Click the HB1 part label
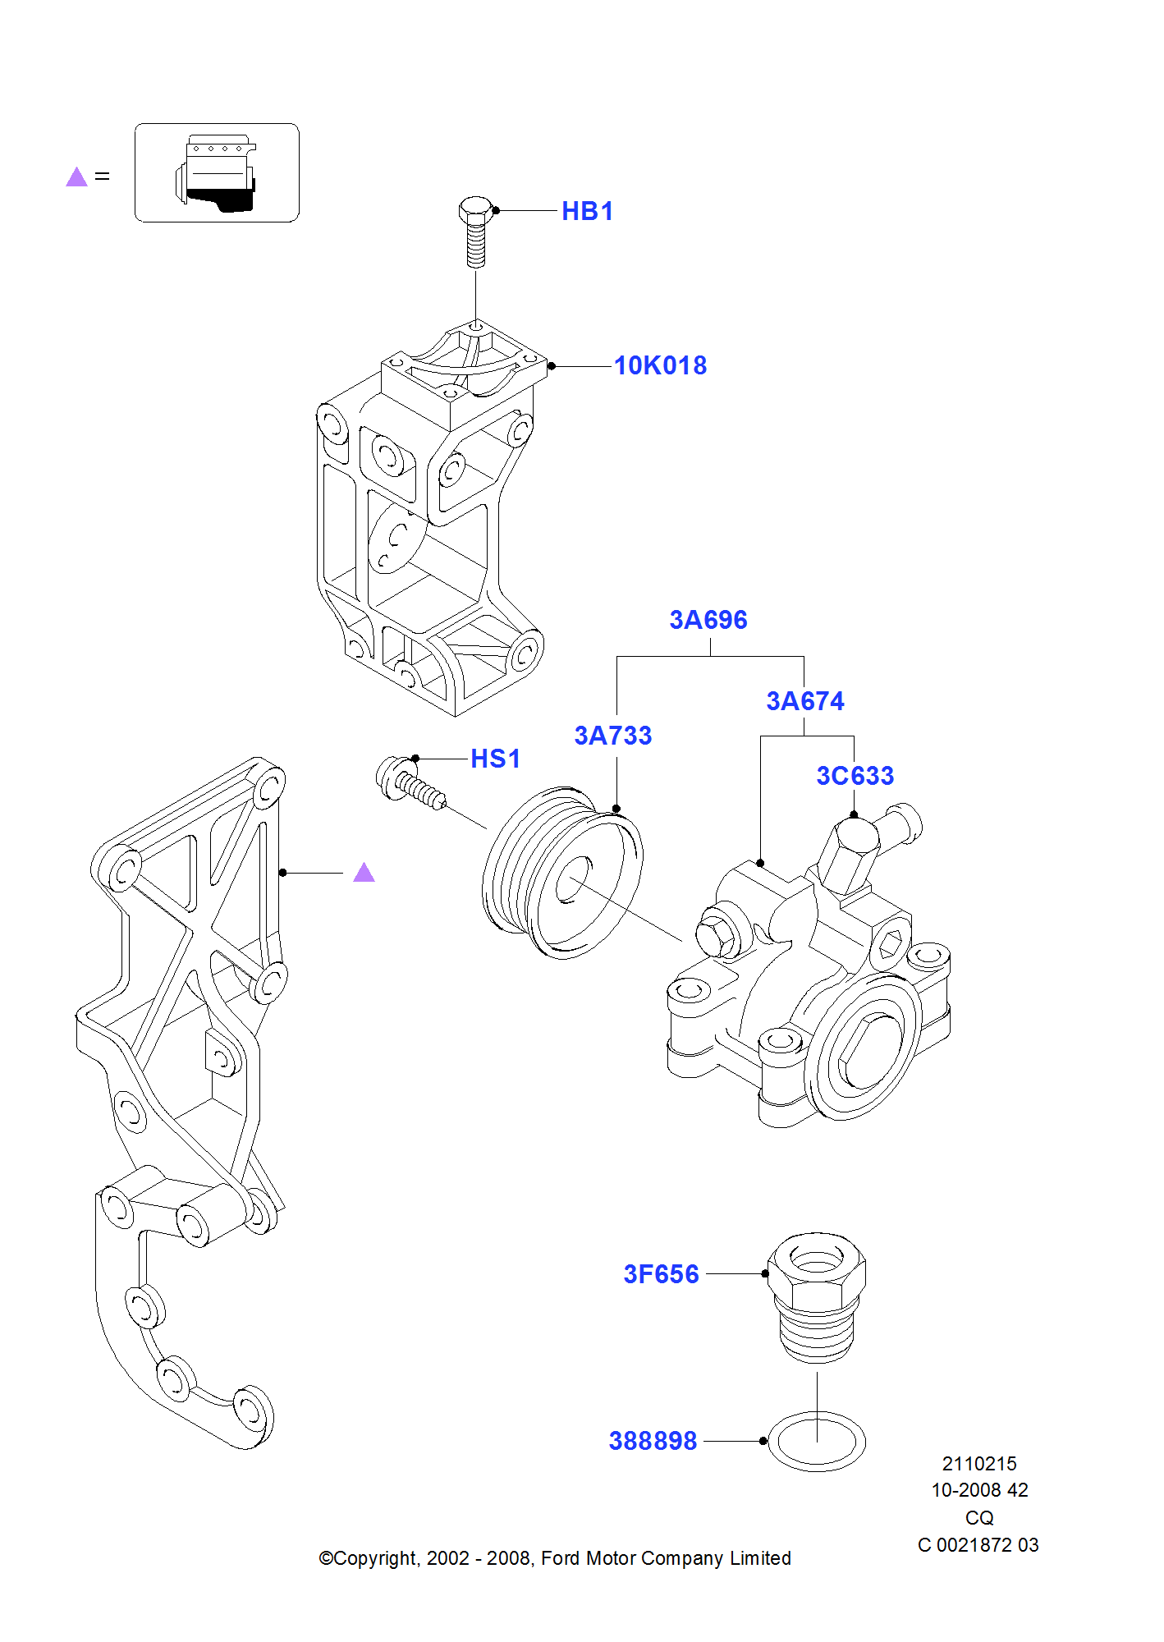click(587, 211)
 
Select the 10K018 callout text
click(660, 365)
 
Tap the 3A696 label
click(708, 620)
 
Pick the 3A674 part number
click(804, 701)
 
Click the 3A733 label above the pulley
click(612, 736)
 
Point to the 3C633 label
click(855, 776)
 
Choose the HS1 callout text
click(495, 759)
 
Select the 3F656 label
click(661, 1274)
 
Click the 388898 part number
click(653, 1441)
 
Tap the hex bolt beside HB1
click(475, 231)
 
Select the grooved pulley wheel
click(562, 872)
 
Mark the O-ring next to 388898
click(816, 1442)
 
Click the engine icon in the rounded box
click(217, 173)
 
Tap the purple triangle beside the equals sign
click(76, 177)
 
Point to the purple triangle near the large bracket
click(364, 873)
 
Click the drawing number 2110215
click(978, 1464)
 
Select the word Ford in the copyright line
click(560, 1558)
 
